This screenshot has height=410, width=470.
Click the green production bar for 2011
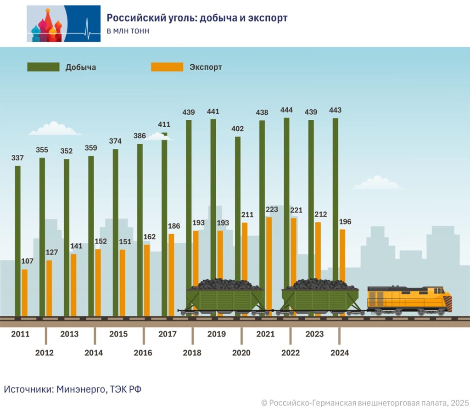pyautogui.click(x=17, y=239)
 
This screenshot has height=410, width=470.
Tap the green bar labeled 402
pyautogui.click(x=238, y=207)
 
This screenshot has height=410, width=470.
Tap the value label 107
pyautogui.click(x=28, y=261)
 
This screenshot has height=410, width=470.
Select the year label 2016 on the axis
pyautogui.click(x=143, y=353)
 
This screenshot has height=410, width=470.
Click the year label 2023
pyautogui.click(x=314, y=334)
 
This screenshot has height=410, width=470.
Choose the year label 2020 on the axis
pyautogui.click(x=241, y=353)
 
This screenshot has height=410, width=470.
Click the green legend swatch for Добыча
pyautogui.click(x=43, y=67)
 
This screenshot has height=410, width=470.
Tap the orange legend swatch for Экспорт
pyautogui.click(x=167, y=67)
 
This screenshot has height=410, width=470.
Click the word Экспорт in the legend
pyautogui.click(x=206, y=67)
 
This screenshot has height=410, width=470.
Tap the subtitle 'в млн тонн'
pyautogui.click(x=128, y=31)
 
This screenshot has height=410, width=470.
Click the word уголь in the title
pyautogui.click(x=164, y=18)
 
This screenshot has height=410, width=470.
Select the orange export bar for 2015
pyautogui.click(x=123, y=282)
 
